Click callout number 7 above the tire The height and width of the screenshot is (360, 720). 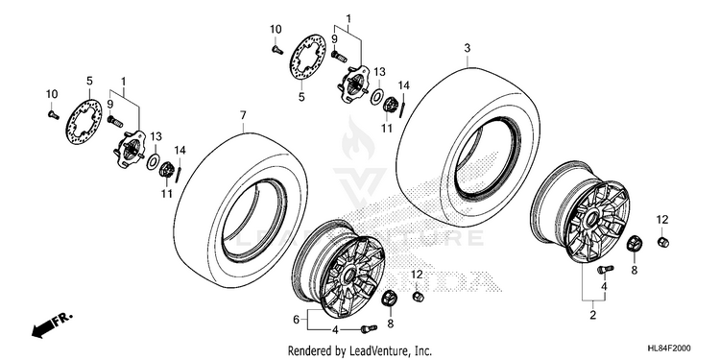point(244,115)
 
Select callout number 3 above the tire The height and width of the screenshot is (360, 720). point(468,48)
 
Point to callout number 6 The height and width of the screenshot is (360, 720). point(297,318)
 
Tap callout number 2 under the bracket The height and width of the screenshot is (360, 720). point(593,315)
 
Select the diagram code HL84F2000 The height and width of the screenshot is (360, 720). point(668,348)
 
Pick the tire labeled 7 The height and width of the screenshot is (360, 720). point(241,210)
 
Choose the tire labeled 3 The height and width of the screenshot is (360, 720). point(468,146)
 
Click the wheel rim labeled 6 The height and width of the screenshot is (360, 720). point(340,271)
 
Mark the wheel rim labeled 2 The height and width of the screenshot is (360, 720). point(581,212)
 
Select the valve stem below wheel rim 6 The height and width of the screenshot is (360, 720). point(369,328)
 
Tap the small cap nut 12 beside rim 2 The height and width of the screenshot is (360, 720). point(663,242)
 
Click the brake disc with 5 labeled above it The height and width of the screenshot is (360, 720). point(84,122)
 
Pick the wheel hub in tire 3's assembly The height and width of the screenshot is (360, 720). point(354,83)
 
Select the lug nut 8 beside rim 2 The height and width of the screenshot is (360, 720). point(635,243)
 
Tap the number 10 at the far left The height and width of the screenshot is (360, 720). point(52,94)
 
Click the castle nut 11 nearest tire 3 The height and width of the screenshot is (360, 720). point(390,105)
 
